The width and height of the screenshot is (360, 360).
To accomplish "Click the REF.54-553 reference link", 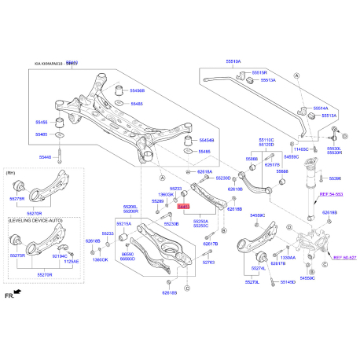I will click(x=330, y=193).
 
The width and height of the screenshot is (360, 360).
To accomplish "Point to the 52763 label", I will click(x=208, y=263).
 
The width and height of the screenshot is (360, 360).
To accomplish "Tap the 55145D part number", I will click(x=285, y=282).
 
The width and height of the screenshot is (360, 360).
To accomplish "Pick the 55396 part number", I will click(x=336, y=178).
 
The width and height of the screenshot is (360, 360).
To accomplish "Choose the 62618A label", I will click(x=205, y=171).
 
